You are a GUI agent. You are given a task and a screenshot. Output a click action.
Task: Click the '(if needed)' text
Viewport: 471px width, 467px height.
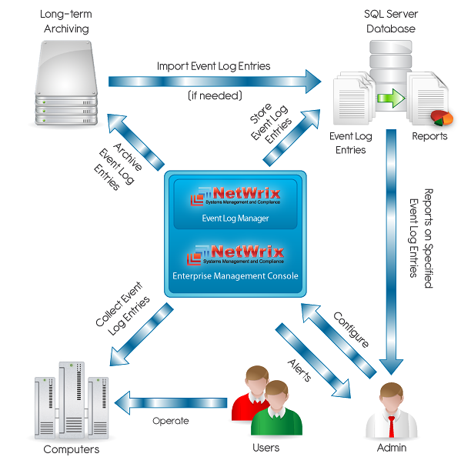[x=215, y=96]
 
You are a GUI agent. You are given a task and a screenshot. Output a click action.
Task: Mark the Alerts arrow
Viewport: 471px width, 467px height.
[x=312, y=361]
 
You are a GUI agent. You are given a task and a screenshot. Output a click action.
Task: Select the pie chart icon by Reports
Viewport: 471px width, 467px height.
[x=442, y=118]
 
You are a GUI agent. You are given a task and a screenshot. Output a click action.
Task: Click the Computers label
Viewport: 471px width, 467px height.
[x=71, y=449]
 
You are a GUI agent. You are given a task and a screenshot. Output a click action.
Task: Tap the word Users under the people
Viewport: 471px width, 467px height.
[x=266, y=448]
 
